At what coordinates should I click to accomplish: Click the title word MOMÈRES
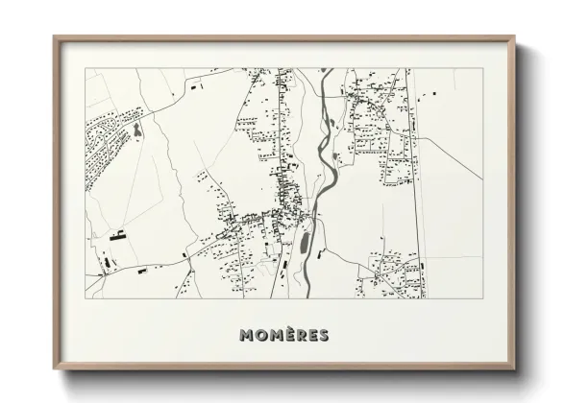click(x=283, y=335)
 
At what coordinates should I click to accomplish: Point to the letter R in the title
click(x=300, y=335)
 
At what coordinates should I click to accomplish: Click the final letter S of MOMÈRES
click(x=323, y=335)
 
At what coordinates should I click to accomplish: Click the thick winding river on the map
click(x=326, y=154)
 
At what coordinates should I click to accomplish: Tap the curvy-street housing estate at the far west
click(x=106, y=144)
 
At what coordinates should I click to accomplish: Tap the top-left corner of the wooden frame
click(x=55, y=37)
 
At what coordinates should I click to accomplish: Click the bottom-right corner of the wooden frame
click(x=517, y=367)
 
